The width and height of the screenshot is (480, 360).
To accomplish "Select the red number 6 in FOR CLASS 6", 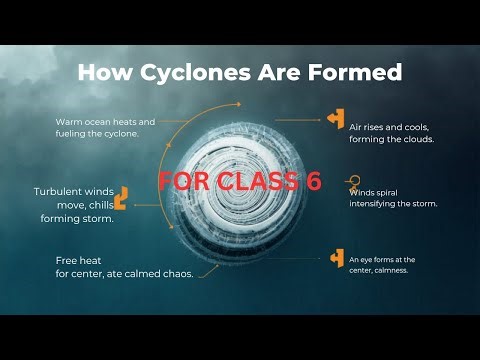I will (x=315, y=181).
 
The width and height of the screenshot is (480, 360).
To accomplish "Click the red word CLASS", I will (x=253, y=181).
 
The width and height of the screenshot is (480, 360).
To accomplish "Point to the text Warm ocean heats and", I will (x=105, y=121).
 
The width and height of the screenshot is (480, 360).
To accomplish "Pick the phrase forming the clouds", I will (x=391, y=139).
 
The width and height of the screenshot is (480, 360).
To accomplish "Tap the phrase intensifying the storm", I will (x=394, y=203).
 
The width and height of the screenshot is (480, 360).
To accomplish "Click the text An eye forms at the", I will (x=382, y=259).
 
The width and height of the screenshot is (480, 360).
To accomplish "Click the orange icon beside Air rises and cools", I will (x=336, y=118).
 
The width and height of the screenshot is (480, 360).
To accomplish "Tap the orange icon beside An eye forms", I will (x=337, y=258).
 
